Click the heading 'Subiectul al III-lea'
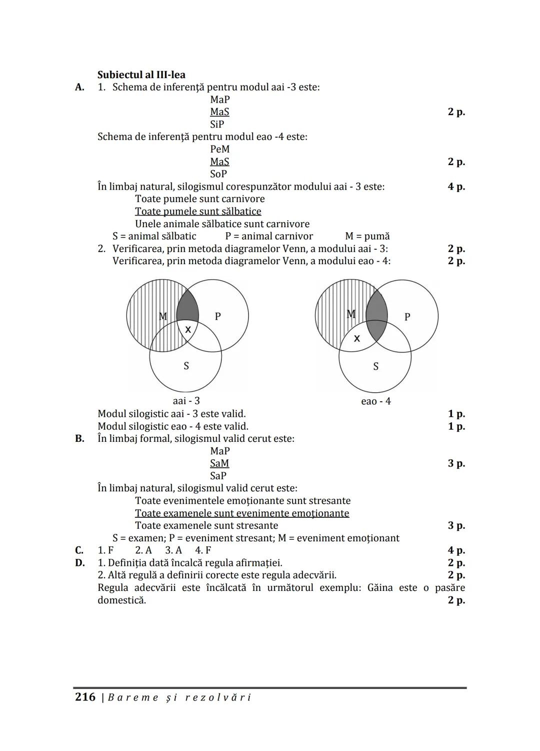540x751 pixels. point(141,75)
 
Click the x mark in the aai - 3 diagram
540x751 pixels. point(188,330)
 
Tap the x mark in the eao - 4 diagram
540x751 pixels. point(356,339)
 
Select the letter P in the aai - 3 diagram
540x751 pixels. point(217,316)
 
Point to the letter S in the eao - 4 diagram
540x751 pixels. point(376,367)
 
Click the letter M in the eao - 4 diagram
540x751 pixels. point(351,314)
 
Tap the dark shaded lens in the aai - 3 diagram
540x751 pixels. point(188,306)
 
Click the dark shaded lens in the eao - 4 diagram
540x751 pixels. point(376,316)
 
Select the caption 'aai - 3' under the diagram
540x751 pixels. point(186,401)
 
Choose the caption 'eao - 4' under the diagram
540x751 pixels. point(376,401)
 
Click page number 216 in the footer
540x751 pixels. point(85,697)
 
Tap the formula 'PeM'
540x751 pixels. point(220,149)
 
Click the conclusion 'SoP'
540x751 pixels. point(218,174)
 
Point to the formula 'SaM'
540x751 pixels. point(219,463)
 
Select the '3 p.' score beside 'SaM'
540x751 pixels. point(456,463)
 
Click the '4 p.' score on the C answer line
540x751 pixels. point(456,550)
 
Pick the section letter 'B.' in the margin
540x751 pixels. point(79,439)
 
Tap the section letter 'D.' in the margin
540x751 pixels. point(79,563)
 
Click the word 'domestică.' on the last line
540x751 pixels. point(121,600)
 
